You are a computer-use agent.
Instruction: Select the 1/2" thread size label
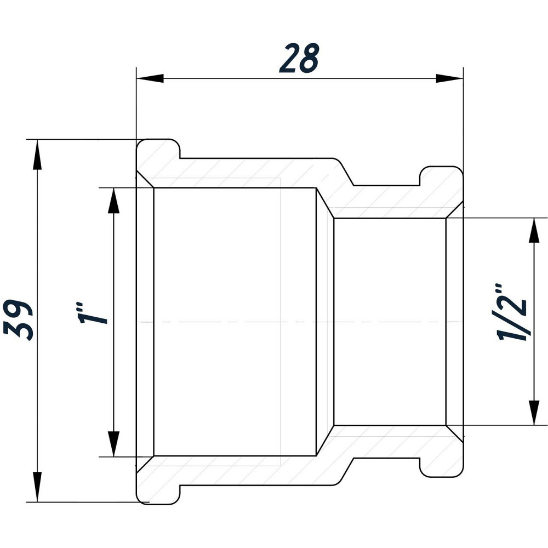click(x=512, y=313)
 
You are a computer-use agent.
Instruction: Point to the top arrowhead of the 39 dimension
click(x=37, y=154)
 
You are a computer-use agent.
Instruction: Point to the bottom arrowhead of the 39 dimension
click(x=37, y=487)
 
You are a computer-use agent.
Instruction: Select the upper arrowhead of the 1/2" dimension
click(x=533, y=231)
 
